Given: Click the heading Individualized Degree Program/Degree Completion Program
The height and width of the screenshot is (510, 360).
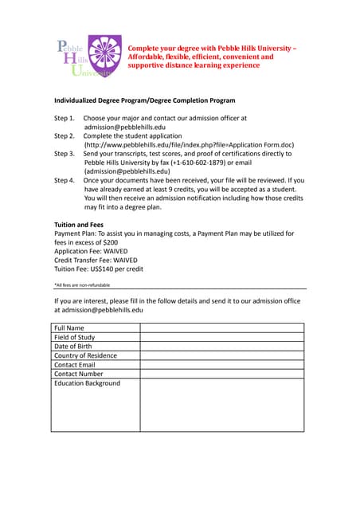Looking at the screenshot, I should (x=144, y=100).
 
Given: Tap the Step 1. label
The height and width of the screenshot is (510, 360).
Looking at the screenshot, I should (x=65, y=118).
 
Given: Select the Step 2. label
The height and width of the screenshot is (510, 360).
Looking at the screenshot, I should (x=65, y=135).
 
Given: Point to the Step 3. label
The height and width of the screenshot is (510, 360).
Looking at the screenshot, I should (x=65, y=153).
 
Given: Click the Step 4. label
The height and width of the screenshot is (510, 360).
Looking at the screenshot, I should (x=65, y=180).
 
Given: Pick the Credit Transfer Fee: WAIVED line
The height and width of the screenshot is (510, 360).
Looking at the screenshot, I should (x=96, y=260).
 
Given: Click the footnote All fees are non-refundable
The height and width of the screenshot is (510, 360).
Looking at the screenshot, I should (x=82, y=284).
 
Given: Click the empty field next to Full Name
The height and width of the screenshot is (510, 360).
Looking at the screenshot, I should (x=222, y=328).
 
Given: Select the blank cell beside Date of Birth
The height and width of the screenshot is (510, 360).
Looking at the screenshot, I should (x=222, y=346).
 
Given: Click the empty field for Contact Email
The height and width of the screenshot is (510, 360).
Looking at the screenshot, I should (x=222, y=365).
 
